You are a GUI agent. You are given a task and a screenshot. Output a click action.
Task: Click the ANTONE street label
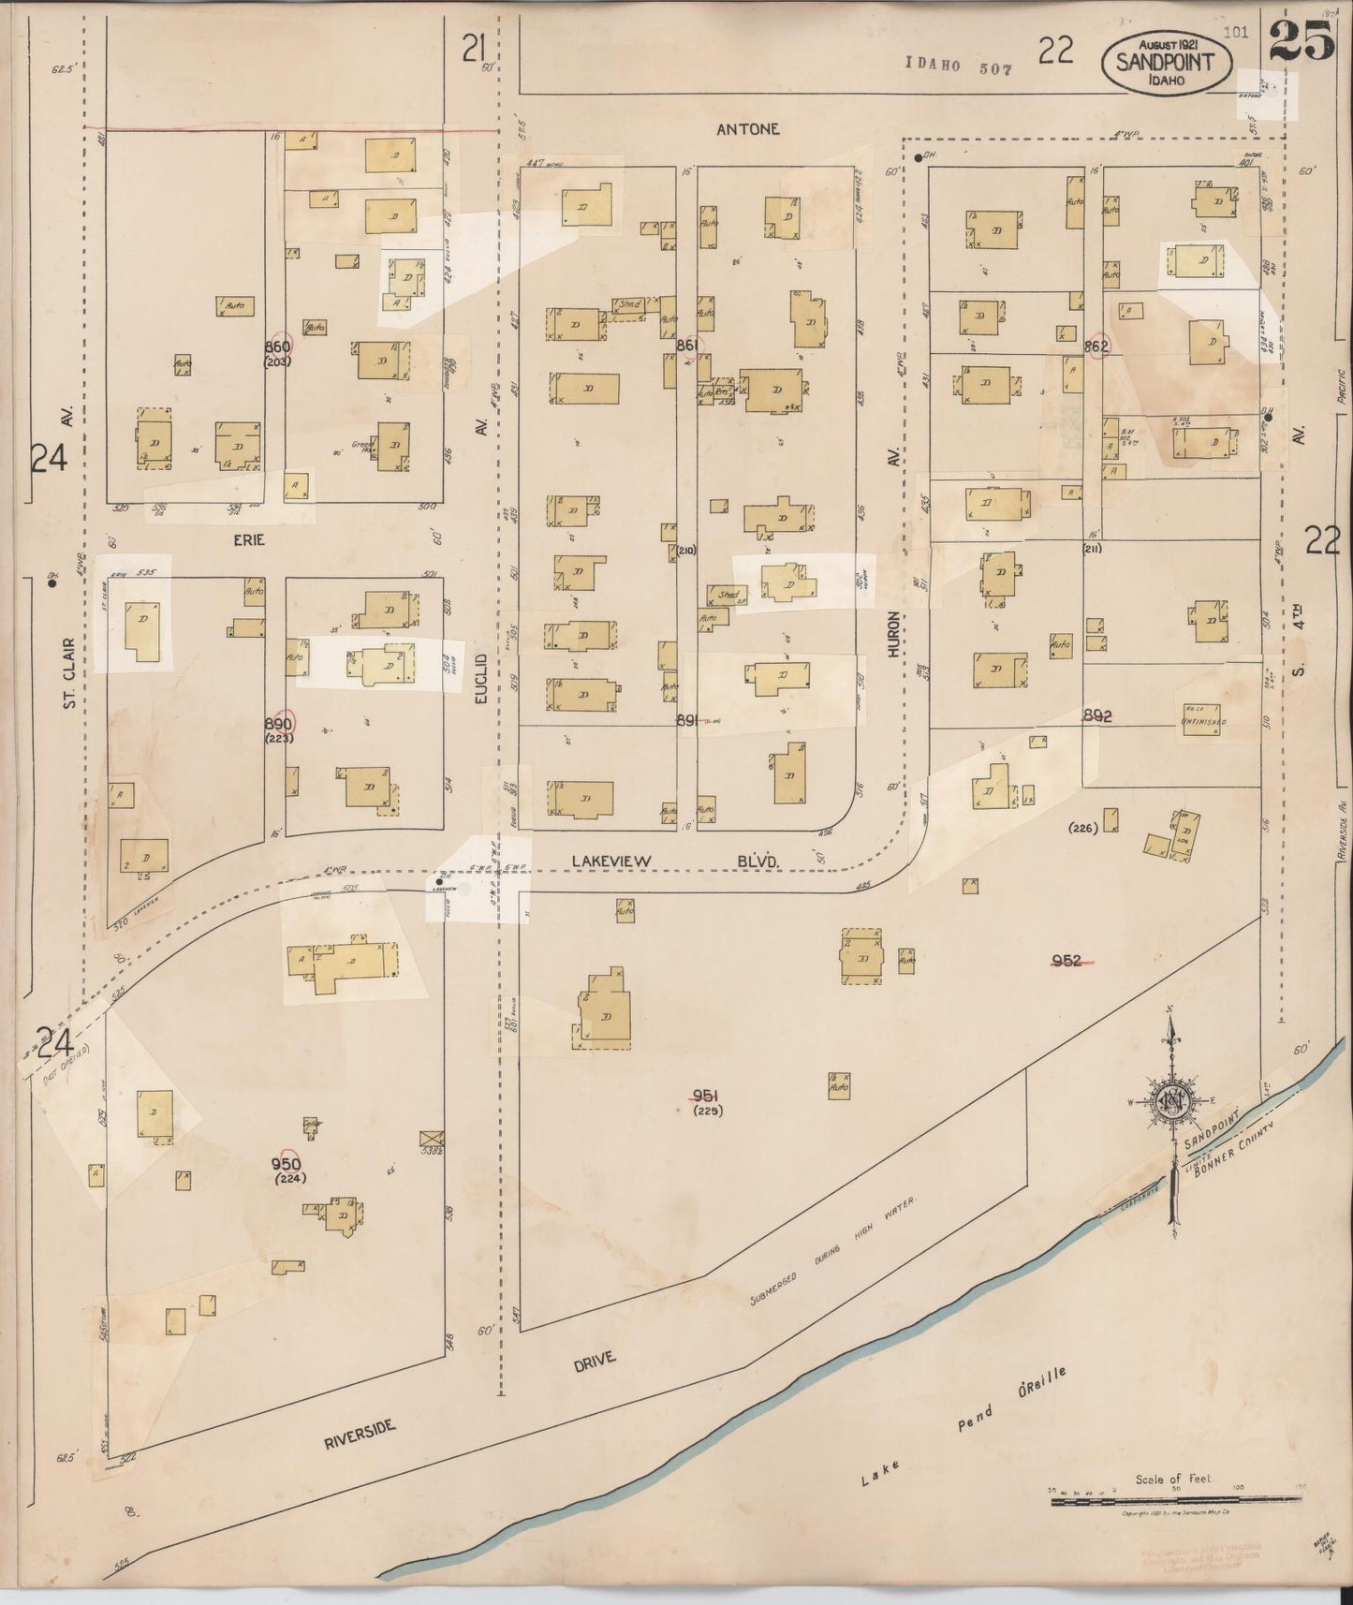tap(747, 129)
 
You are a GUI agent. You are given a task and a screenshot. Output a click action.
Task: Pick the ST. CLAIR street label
tap(69, 672)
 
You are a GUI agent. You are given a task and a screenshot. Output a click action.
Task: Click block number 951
tap(704, 1096)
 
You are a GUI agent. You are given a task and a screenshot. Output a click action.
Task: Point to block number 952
tap(1067, 960)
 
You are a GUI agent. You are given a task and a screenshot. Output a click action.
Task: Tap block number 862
tap(1096, 346)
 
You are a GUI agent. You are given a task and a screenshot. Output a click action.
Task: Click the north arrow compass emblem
tap(1170, 1102)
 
